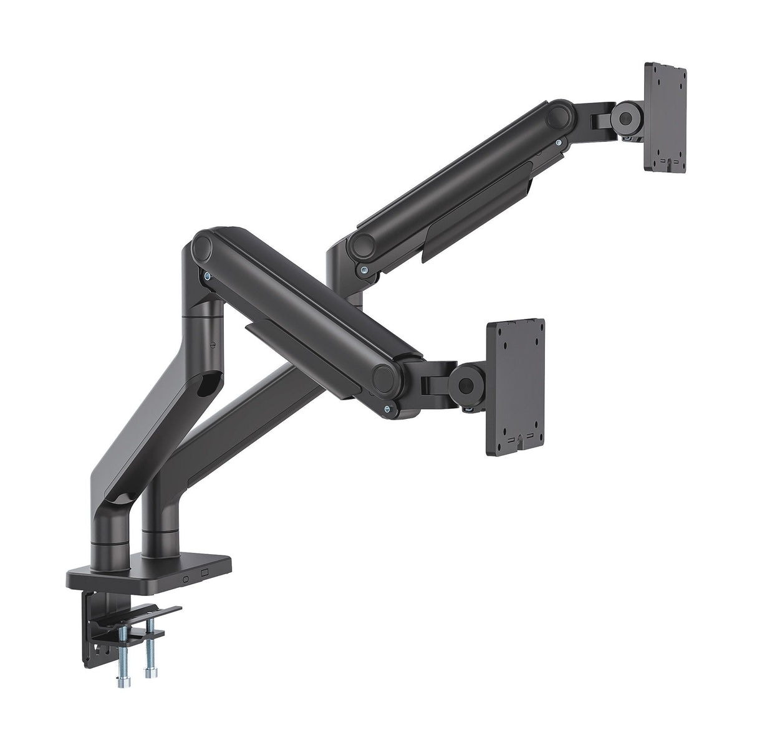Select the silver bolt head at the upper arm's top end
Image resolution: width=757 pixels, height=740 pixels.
(x=559, y=143)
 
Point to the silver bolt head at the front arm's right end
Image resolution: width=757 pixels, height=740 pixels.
(x=389, y=410)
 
